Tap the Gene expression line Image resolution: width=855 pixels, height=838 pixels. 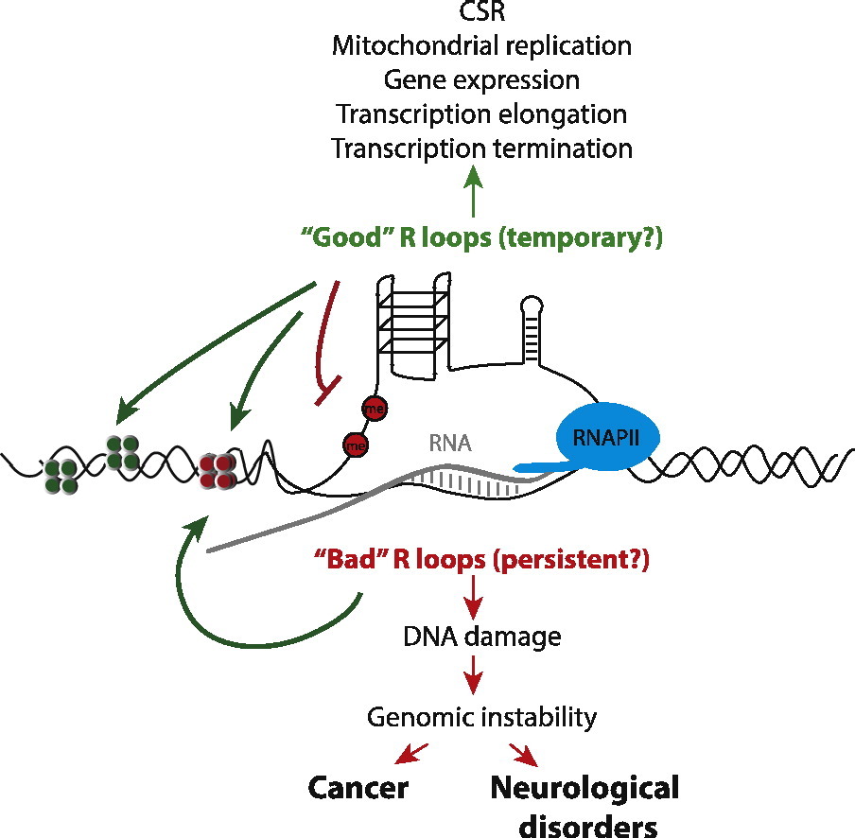(482, 79)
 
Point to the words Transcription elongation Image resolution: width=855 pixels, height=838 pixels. (481, 114)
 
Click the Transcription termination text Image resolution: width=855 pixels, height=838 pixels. (481, 148)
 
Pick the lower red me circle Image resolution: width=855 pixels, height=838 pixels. (356, 443)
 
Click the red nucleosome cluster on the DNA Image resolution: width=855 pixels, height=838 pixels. (218, 469)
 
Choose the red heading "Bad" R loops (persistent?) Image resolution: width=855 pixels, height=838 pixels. (482, 559)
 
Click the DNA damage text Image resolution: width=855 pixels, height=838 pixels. (482, 637)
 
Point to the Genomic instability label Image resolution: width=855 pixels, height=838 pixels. (482, 718)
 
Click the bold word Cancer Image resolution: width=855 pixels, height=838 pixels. (358, 788)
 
